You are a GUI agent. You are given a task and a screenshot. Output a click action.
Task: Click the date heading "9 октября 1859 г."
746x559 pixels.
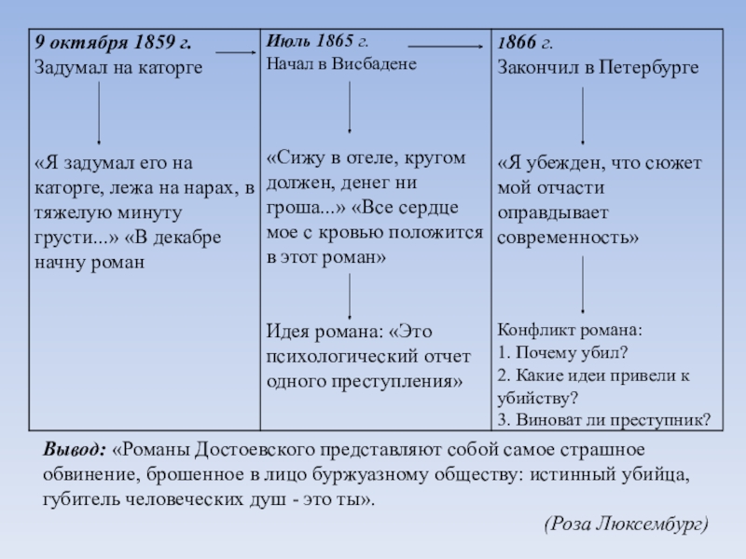(x=113, y=43)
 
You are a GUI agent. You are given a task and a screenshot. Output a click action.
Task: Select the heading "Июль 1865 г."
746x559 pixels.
(x=317, y=42)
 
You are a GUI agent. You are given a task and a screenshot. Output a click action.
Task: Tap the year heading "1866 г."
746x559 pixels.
(x=525, y=43)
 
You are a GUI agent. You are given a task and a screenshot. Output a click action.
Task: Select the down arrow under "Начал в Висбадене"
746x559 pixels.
(x=350, y=107)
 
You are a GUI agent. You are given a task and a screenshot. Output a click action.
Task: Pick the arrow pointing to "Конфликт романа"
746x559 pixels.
(x=584, y=284)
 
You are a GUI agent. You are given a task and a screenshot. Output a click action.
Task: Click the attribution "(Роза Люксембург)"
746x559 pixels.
(x=626, y=525)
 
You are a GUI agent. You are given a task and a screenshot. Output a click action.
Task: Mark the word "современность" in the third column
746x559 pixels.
(x=568, y=238)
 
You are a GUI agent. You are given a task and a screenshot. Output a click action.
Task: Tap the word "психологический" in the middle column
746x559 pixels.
(x=340, y=356)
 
